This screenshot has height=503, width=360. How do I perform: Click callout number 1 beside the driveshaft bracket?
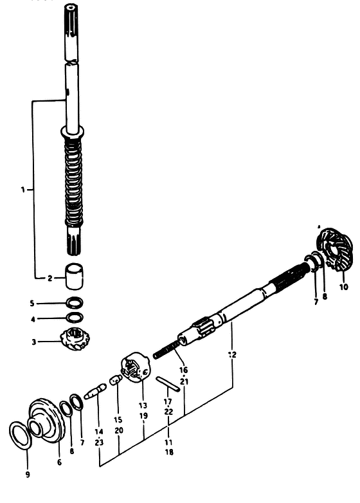point(22,190)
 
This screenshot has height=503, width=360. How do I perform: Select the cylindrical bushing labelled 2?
point(75,275)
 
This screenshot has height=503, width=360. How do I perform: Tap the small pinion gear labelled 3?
point(75,339)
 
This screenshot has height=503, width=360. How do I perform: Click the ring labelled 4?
point(75,317)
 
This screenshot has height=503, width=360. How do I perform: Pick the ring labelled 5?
point(75,302)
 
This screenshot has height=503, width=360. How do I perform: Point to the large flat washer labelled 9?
point(21,436)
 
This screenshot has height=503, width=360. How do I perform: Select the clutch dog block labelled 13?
point(134,367)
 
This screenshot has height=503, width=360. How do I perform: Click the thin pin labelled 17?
point(168,384)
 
